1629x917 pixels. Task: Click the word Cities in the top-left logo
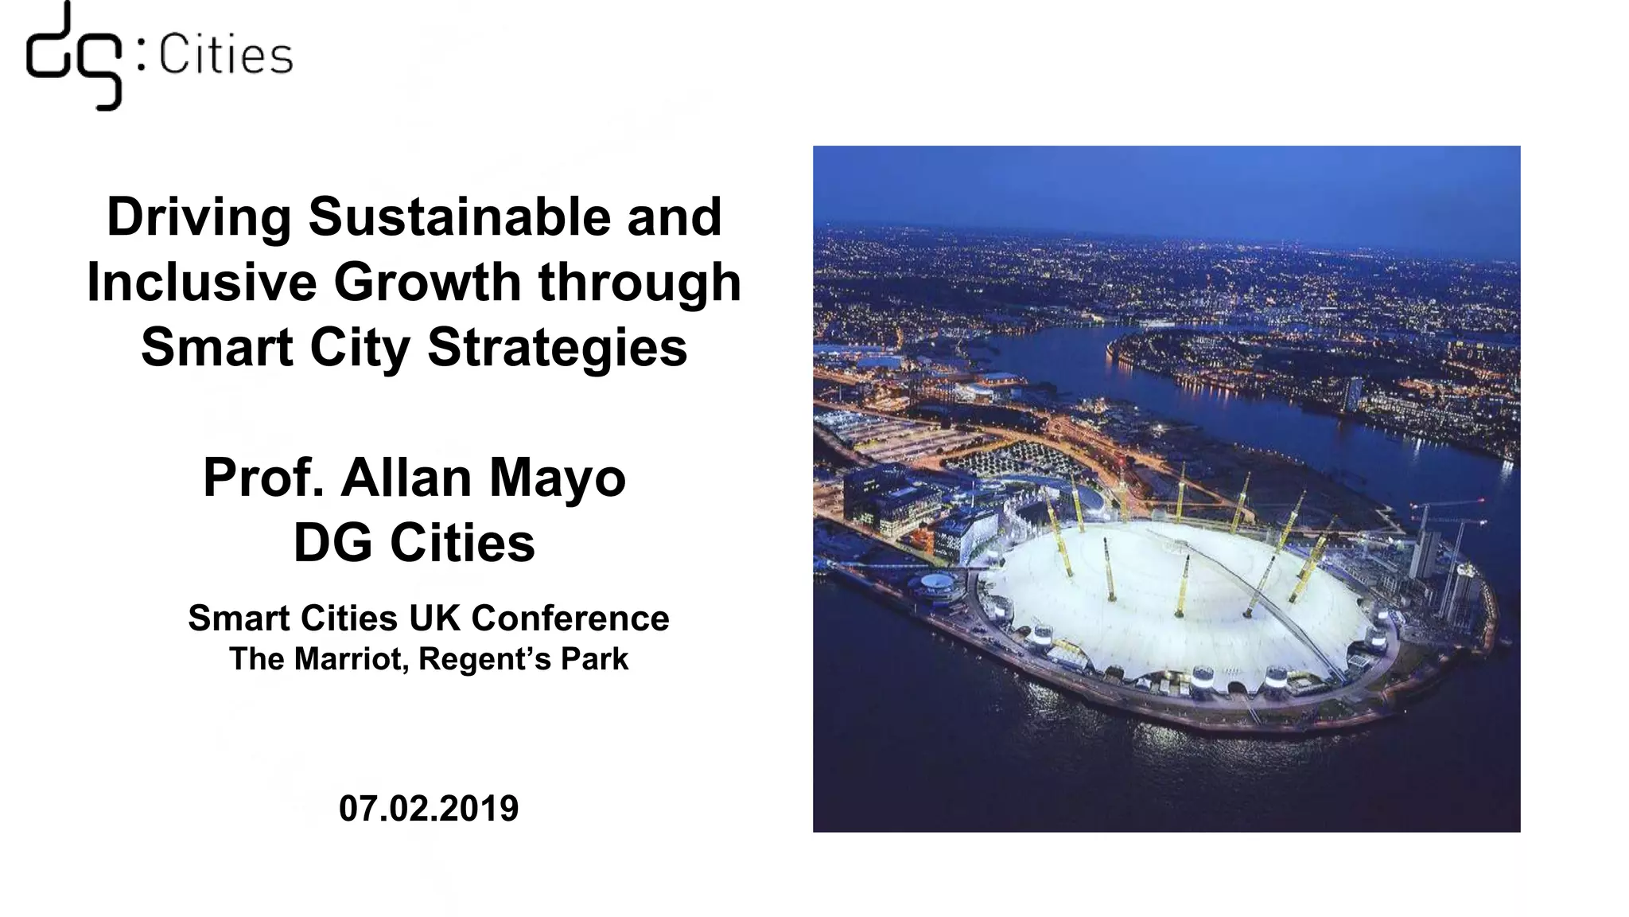click(226, 57)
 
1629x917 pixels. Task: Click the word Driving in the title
click(199, 217)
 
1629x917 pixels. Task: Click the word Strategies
click(557, 349)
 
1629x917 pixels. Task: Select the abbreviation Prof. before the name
click(262, 478)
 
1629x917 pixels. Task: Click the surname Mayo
click(557, 479)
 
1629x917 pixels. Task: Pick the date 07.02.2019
click(429, 808)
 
